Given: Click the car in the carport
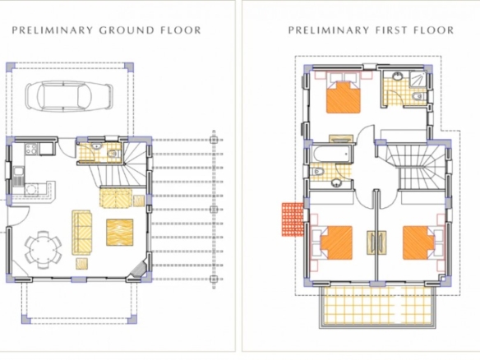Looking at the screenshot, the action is click(69, 96).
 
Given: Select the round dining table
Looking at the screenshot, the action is click(43, 250).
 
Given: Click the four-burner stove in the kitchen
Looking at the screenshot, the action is click(31, 149).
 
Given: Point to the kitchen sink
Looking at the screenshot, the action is click(18, 176).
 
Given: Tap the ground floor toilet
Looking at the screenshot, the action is click(113, 154).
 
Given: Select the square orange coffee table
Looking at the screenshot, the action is click(120, 233).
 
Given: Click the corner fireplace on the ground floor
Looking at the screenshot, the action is click(138, 270).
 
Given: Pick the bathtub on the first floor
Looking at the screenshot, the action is click(331, 155).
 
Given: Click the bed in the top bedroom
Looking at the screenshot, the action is click(344, 97).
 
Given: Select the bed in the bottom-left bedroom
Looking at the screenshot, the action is click(336, 242).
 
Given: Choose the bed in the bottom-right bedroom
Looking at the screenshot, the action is click(418, 242).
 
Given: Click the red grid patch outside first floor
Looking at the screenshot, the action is click(293, 219).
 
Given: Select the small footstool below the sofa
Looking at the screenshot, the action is click(82, 264).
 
